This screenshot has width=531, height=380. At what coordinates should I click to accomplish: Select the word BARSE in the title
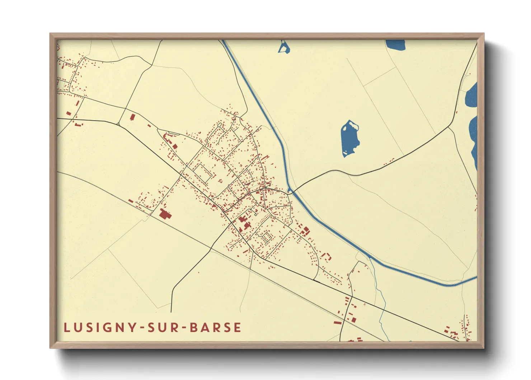(215, 327)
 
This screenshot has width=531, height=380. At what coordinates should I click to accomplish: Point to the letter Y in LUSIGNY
(132, 327)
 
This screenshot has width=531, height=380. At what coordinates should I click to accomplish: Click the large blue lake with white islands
(349, 139)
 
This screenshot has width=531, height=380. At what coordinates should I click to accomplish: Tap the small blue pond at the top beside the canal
(284, 47)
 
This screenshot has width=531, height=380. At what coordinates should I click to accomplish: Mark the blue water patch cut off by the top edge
(395, 44)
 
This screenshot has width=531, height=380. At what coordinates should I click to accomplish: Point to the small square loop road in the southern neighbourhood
(267, 237)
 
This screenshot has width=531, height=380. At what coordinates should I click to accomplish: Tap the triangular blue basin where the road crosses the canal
(289, 189)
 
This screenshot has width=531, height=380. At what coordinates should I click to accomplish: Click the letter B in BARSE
(194, 327)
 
